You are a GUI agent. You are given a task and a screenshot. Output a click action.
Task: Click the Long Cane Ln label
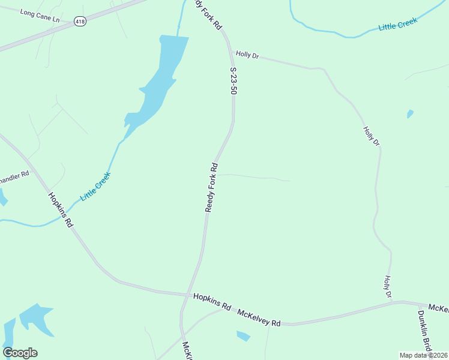pos(40,16)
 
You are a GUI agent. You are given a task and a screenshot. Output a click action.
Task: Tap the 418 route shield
pos(80,21)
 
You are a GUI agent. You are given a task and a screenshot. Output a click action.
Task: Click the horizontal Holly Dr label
pos(247,54)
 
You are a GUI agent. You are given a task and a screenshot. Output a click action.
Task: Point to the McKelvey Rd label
pos(259,318)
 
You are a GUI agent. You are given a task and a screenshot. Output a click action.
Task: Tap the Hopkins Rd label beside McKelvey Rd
pos(212,301)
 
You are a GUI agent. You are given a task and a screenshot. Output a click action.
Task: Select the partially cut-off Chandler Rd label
pos(14,178)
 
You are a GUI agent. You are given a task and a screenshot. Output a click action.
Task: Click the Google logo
pos(20,353)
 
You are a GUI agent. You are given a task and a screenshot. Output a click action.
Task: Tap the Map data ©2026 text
pos(423,355)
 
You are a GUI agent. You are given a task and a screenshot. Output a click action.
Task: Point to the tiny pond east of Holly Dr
pos(410,113)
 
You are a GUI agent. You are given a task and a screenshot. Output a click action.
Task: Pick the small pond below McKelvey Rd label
pos(243,336)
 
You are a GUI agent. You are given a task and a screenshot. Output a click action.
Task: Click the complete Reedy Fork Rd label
pos(211,187)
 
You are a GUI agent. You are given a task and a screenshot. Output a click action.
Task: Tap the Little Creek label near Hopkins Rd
pos(95,187)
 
